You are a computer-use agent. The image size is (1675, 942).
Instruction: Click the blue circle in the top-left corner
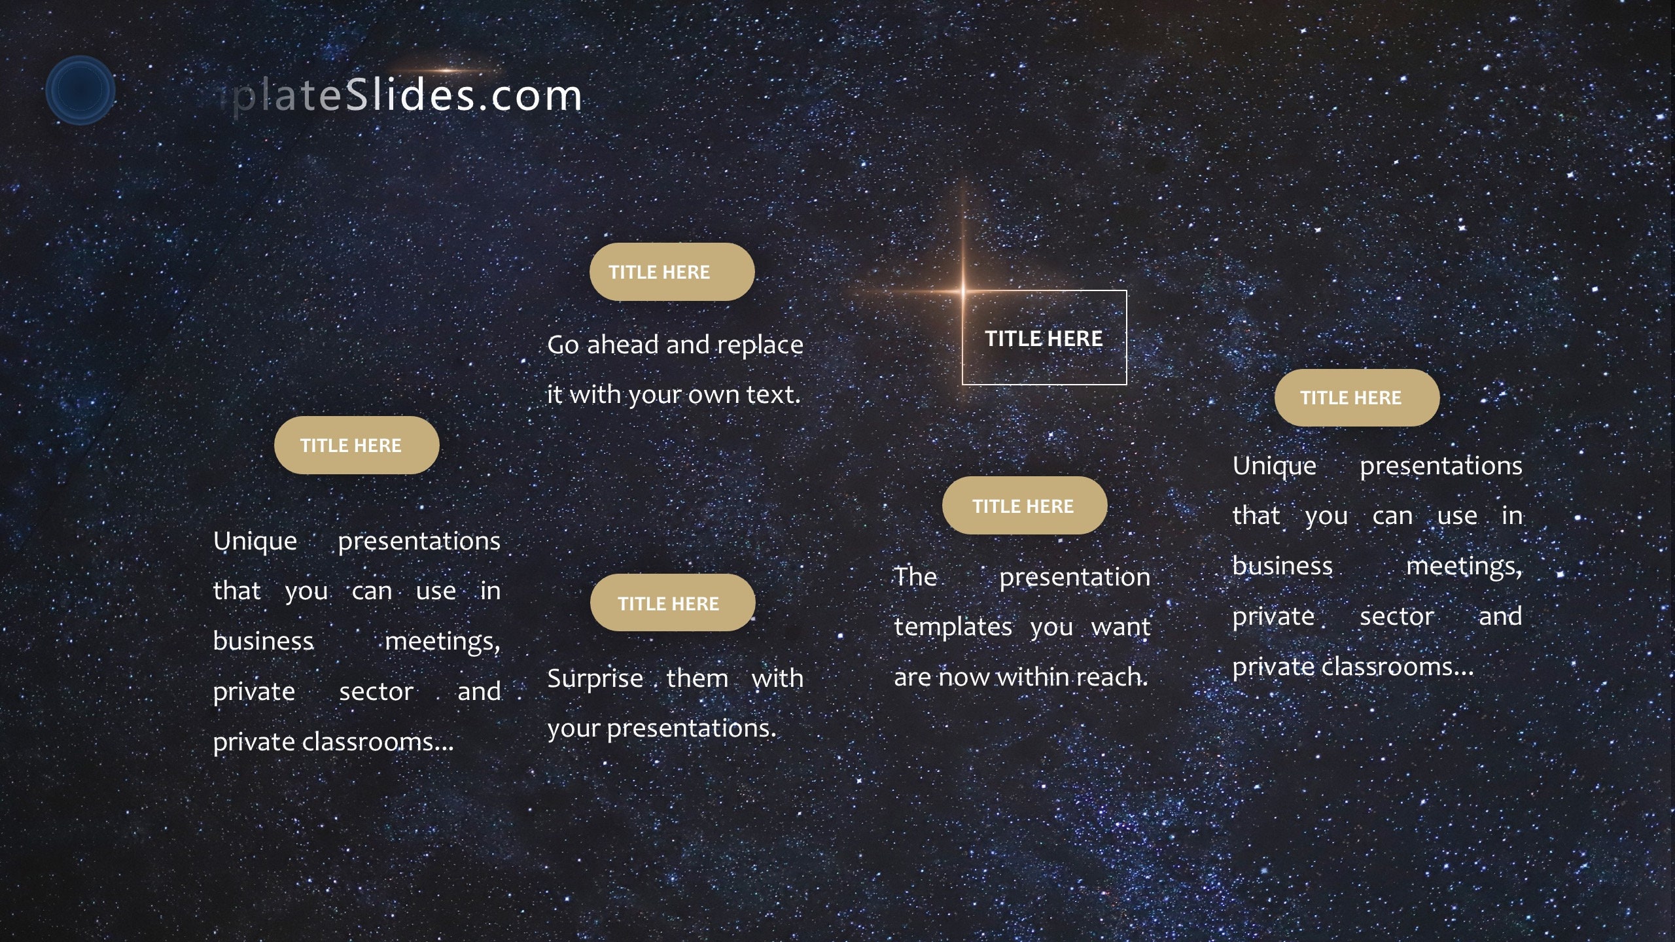80,90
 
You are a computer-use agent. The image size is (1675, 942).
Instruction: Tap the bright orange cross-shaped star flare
962,290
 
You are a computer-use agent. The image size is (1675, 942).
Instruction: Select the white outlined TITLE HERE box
1044,338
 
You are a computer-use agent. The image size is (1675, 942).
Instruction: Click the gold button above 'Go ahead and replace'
671,272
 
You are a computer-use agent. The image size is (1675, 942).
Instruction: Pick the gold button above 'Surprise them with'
672,603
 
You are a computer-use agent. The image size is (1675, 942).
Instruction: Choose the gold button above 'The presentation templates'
1024,506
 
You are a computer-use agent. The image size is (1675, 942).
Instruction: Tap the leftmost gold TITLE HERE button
356,445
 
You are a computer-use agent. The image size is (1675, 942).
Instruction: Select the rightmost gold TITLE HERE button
1356,398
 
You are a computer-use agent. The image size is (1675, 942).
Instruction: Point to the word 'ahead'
622,345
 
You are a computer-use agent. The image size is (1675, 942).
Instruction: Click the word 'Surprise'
595,679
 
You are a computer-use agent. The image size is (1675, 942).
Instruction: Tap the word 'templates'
953,627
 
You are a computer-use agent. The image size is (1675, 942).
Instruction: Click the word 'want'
1120,627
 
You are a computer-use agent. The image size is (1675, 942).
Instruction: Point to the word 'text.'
773,394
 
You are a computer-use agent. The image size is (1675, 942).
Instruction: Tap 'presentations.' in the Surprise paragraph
691,729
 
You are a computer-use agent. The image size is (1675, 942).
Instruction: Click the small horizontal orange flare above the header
445,70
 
